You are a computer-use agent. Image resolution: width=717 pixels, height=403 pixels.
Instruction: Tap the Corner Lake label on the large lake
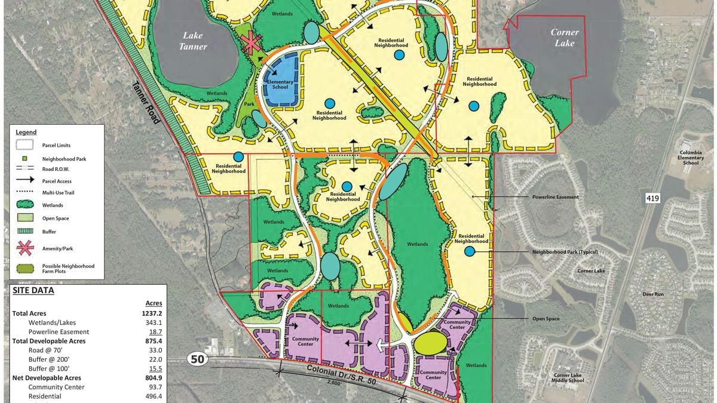(565, 38)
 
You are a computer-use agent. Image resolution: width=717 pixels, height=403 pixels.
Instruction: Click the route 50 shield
(197, 359)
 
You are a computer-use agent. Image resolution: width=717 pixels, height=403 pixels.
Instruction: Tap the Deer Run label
(653, 294)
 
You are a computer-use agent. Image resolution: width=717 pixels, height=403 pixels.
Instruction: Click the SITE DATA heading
(33, 291)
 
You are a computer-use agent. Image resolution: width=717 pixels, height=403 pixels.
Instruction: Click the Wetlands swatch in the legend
(25, 205)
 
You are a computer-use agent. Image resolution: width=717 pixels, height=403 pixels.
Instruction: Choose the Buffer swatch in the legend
(25, 231)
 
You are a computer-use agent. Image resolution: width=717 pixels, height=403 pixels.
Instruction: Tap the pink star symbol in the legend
(25, 248)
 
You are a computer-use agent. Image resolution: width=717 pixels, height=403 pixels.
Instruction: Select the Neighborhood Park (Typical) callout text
(565, 252)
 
